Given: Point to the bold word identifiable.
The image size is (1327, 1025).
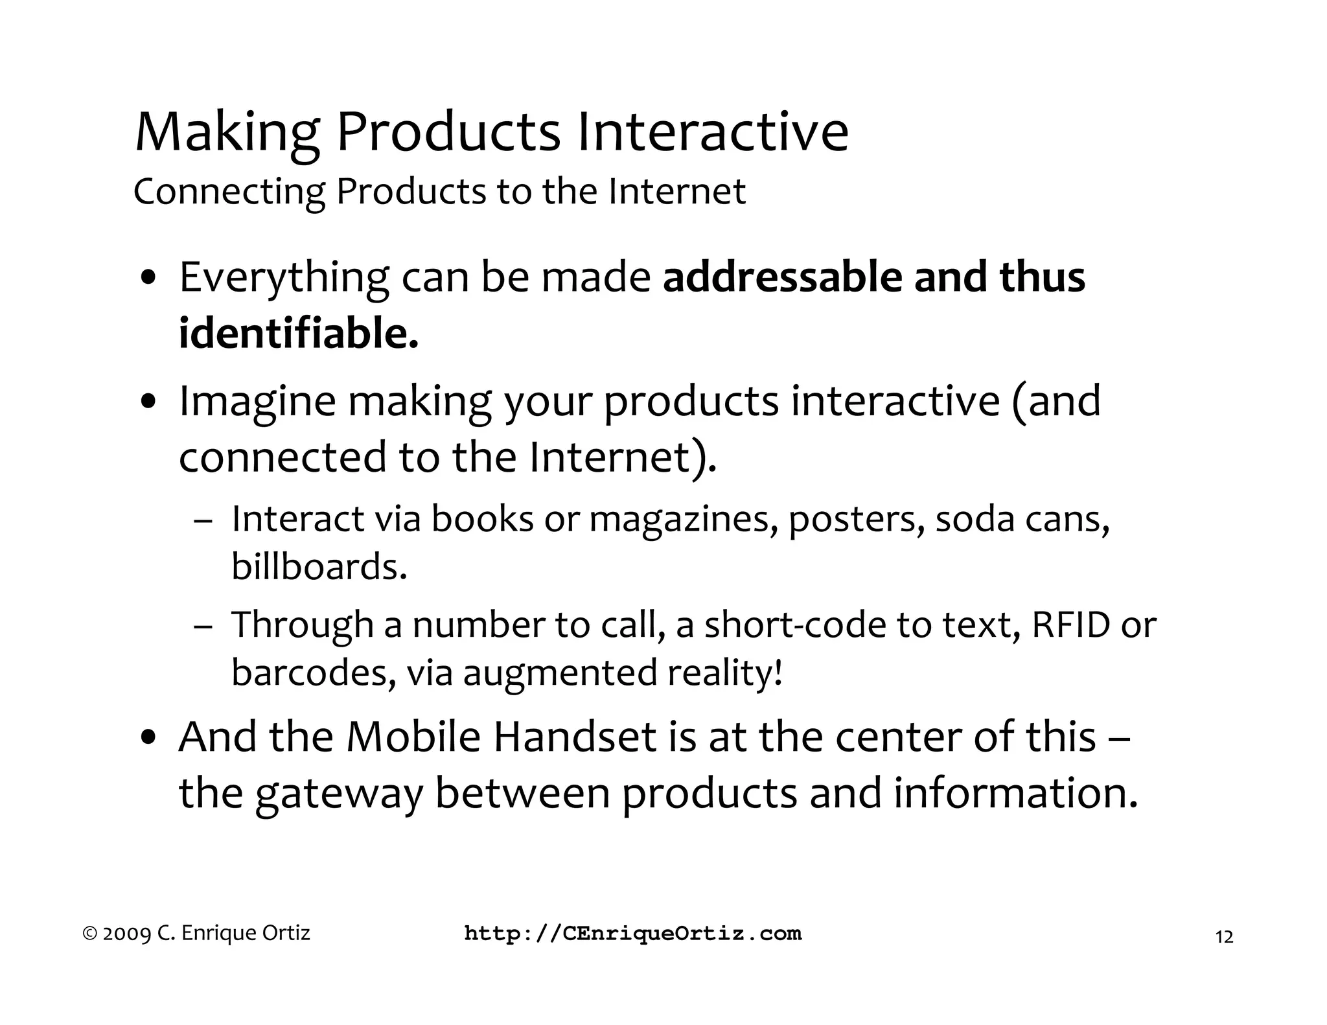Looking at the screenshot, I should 299,334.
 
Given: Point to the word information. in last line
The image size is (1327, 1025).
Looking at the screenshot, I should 1015,793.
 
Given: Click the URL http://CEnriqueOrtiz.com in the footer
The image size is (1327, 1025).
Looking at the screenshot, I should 632,934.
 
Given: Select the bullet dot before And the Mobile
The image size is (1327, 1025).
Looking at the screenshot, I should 150,737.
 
